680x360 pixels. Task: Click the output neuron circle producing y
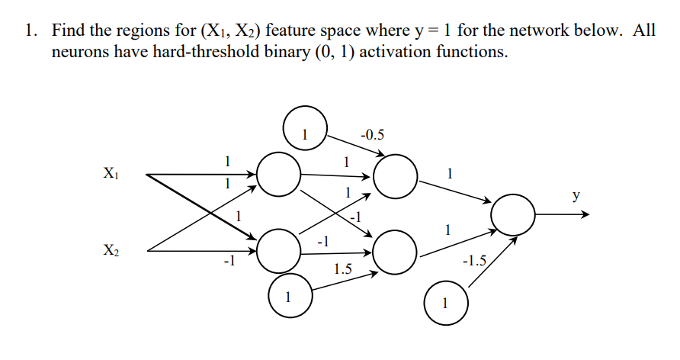tap(514, 215)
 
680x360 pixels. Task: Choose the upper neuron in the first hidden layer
tap(278, 175)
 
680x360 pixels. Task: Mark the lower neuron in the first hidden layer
tap(278, 251)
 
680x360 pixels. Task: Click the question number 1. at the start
tap(30, 32)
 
